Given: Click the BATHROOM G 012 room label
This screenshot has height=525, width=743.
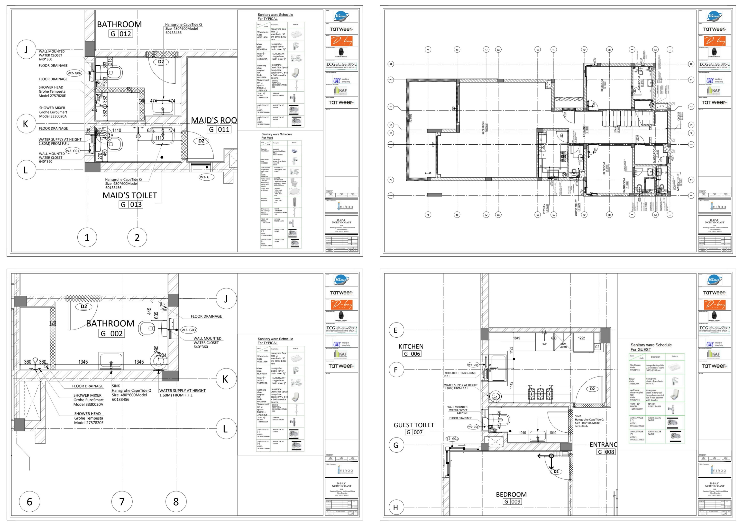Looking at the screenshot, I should coord(119,29).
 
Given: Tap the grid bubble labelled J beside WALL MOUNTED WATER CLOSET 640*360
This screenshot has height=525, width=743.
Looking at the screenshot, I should coord(26,49).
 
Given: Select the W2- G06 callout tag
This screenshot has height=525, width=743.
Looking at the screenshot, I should coord(74,73).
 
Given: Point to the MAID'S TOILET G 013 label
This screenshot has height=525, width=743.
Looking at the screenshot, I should coord(130,200).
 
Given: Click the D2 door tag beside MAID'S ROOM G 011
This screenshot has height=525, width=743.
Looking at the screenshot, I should coord(201,141).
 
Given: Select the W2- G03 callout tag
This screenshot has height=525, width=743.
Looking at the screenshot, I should coord(188,330).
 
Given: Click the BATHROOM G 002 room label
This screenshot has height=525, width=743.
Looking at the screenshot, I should coord(110,328).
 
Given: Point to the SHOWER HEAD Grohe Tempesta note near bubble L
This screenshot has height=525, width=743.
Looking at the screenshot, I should coord(88,418).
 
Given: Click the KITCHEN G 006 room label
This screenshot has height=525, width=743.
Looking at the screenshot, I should coord(411,350).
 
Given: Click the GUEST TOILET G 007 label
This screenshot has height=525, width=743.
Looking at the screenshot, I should coord(414,428).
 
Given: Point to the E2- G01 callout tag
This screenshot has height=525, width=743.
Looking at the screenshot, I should coord(452,439).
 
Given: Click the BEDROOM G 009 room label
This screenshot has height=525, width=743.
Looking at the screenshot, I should coord(512,498).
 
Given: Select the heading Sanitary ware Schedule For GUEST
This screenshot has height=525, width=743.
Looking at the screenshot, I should coord(651,347).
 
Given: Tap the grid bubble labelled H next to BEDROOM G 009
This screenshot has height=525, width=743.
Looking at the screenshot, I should coord(395,507).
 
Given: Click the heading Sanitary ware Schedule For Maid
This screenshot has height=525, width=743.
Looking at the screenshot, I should coord(276,136).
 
